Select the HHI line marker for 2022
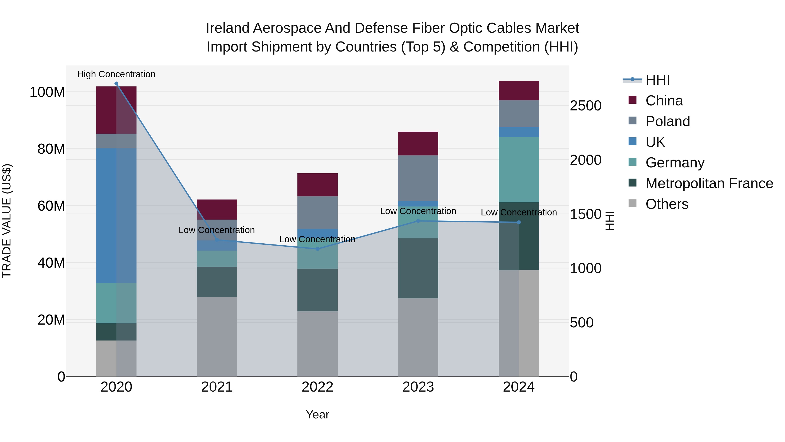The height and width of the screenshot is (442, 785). pos(317,249)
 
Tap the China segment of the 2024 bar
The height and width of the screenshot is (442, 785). pos(519,91)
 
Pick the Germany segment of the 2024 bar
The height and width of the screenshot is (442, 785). pos(519,170)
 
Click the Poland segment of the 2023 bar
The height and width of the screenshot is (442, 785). pos(418,178)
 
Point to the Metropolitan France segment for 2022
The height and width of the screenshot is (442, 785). pos(317,290)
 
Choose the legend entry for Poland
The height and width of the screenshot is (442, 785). pos(667,121)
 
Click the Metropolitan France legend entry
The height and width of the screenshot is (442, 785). pos(709,183)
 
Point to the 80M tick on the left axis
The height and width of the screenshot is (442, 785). pos(51,149)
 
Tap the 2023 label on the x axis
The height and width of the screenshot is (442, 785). pos(418,387)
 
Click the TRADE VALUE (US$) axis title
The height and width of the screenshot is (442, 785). pos(7,221)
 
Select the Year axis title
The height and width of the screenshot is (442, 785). pos(317,414)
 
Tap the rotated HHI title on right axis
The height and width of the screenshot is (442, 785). pos(610,221)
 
